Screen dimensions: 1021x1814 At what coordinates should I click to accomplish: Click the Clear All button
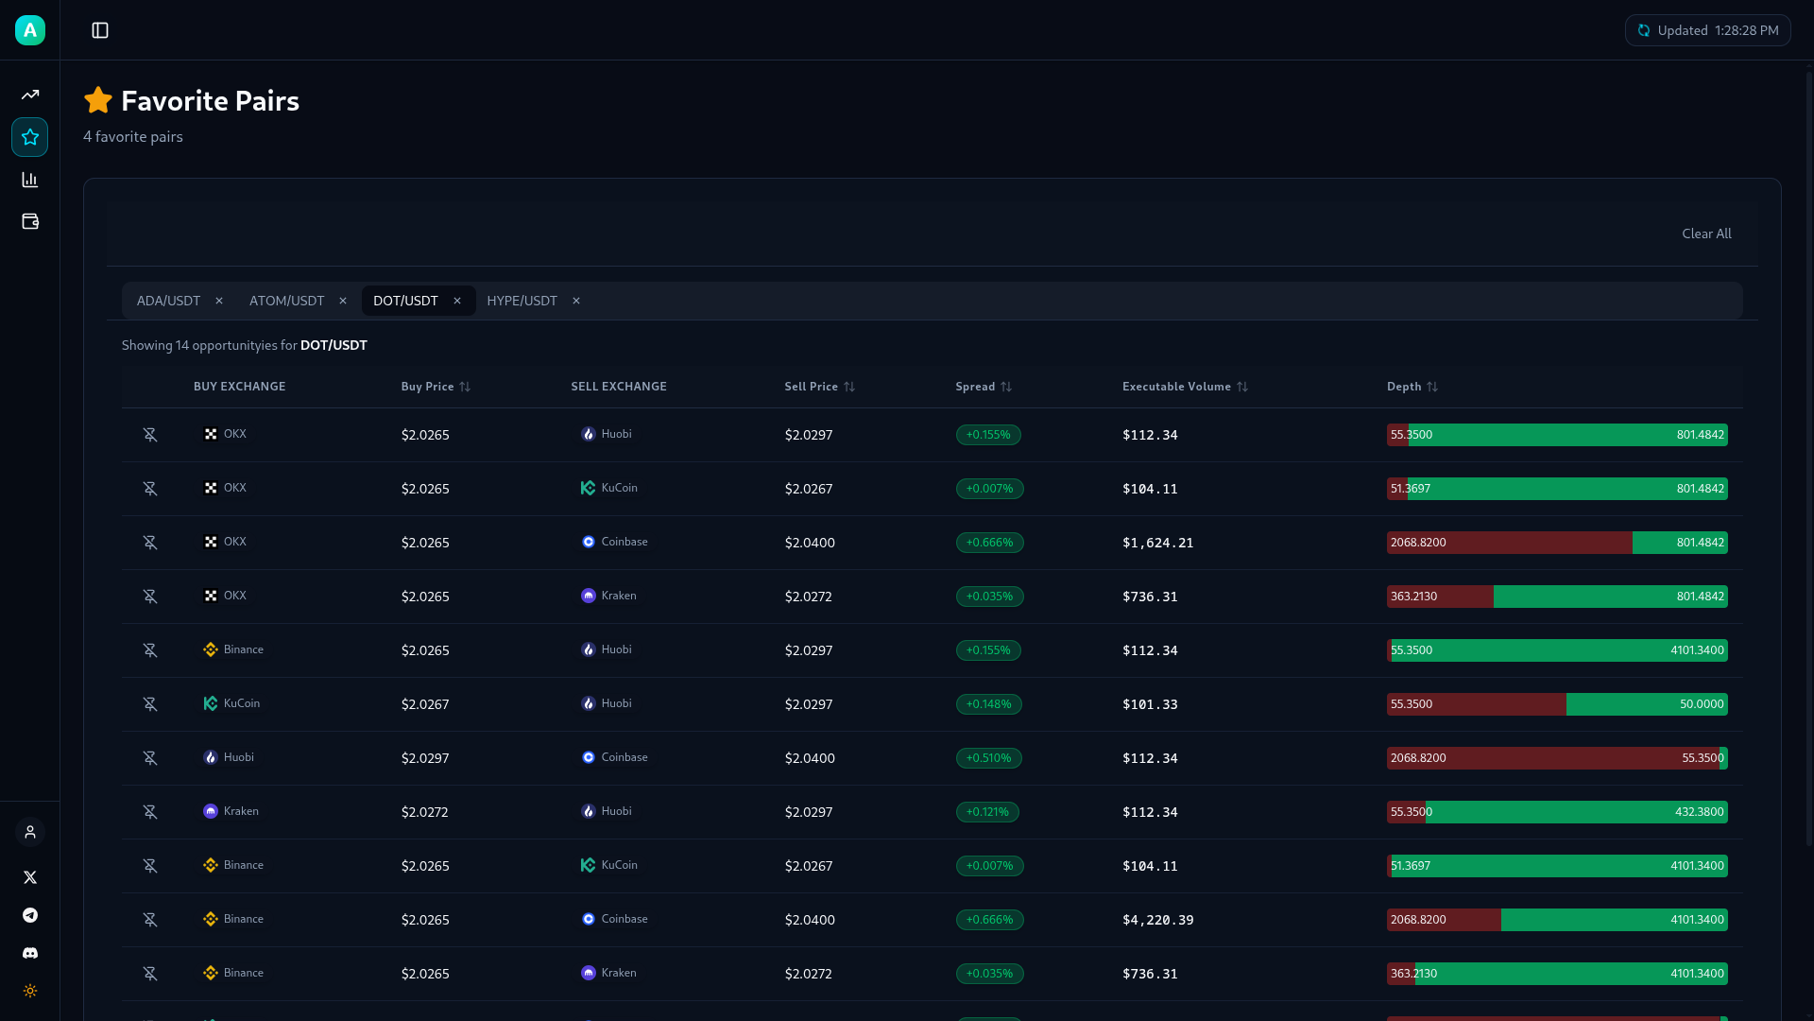coord(1705,234)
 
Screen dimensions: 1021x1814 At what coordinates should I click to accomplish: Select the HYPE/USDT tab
coord(522,301)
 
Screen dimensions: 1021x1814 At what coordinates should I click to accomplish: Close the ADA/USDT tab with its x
coord(219,301)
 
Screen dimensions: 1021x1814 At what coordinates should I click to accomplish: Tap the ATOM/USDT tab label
coord(286,301)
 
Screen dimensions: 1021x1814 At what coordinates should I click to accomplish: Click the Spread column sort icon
coord(1006,387)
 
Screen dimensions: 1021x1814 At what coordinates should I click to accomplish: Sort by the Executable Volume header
coord(1176,387)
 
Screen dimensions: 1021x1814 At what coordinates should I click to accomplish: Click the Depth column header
coord(1404,387)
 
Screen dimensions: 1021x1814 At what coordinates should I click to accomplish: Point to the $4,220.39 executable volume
coord(1157,920)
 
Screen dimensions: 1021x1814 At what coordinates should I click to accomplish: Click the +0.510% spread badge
coord(988,758)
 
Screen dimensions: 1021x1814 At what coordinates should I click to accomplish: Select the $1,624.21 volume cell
coord(1157,543)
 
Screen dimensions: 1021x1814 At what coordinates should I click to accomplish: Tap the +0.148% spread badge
coord(988,704)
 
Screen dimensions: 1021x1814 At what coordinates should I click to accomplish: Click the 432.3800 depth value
coord(1699,812)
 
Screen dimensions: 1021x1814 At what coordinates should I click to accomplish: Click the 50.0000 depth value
coord(1701,704)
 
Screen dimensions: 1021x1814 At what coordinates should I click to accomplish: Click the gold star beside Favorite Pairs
coord(98,100)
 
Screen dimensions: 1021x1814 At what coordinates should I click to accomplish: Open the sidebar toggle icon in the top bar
coord(100,30)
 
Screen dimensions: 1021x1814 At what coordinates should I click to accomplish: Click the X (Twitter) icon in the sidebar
coord(30,877)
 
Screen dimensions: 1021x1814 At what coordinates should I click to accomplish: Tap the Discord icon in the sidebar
coord(30,953)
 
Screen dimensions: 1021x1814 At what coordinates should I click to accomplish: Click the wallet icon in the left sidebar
coord(30,221)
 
